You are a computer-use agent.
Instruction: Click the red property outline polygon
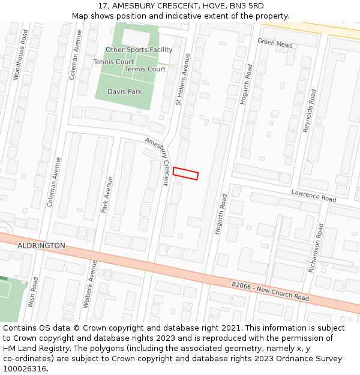[x=185, y=173]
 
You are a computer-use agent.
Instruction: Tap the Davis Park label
[x=124, y=92]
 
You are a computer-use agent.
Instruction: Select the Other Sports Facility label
[x=139, y=50]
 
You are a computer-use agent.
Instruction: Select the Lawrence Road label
[x=313, y=195]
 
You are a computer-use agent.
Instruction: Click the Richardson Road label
[x=316, y=248]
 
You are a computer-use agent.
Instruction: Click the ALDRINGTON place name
[x=41, y=246]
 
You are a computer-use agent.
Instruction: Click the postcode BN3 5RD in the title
[x=247, y=6]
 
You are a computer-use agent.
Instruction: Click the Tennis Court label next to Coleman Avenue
[x=113, y=62]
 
